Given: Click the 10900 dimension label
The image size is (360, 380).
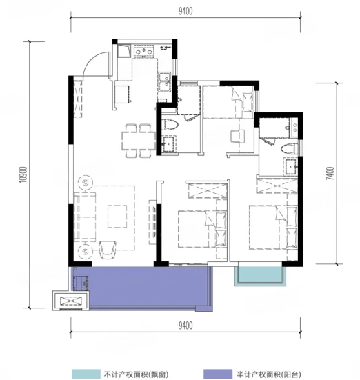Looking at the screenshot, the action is [23, 174].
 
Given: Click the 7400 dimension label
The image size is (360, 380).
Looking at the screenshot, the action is [330, 173].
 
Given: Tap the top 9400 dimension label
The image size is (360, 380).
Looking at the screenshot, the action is [186, 11].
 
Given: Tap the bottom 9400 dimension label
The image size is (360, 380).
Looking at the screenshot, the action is [186, 326].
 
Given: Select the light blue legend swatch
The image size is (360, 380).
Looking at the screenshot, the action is [86, 374].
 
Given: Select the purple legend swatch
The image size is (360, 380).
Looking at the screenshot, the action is [217, 374].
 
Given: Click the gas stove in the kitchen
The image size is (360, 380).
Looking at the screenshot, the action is [144, 51].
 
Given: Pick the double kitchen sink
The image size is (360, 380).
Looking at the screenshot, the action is [164, 81].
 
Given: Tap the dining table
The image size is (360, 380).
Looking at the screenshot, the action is [139, 141].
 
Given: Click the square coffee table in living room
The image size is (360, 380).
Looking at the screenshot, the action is [117, 216].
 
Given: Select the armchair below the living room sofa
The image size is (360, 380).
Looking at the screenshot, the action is [108, 250].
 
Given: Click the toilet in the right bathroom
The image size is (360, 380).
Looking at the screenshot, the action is [290, 148].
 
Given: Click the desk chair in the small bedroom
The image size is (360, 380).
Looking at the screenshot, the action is [237, 136].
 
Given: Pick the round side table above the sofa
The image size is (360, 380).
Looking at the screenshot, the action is [85, 182].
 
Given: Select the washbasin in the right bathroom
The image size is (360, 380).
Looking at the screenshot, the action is [291, 166].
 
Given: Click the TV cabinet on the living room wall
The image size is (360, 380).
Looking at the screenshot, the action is [152, 222].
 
